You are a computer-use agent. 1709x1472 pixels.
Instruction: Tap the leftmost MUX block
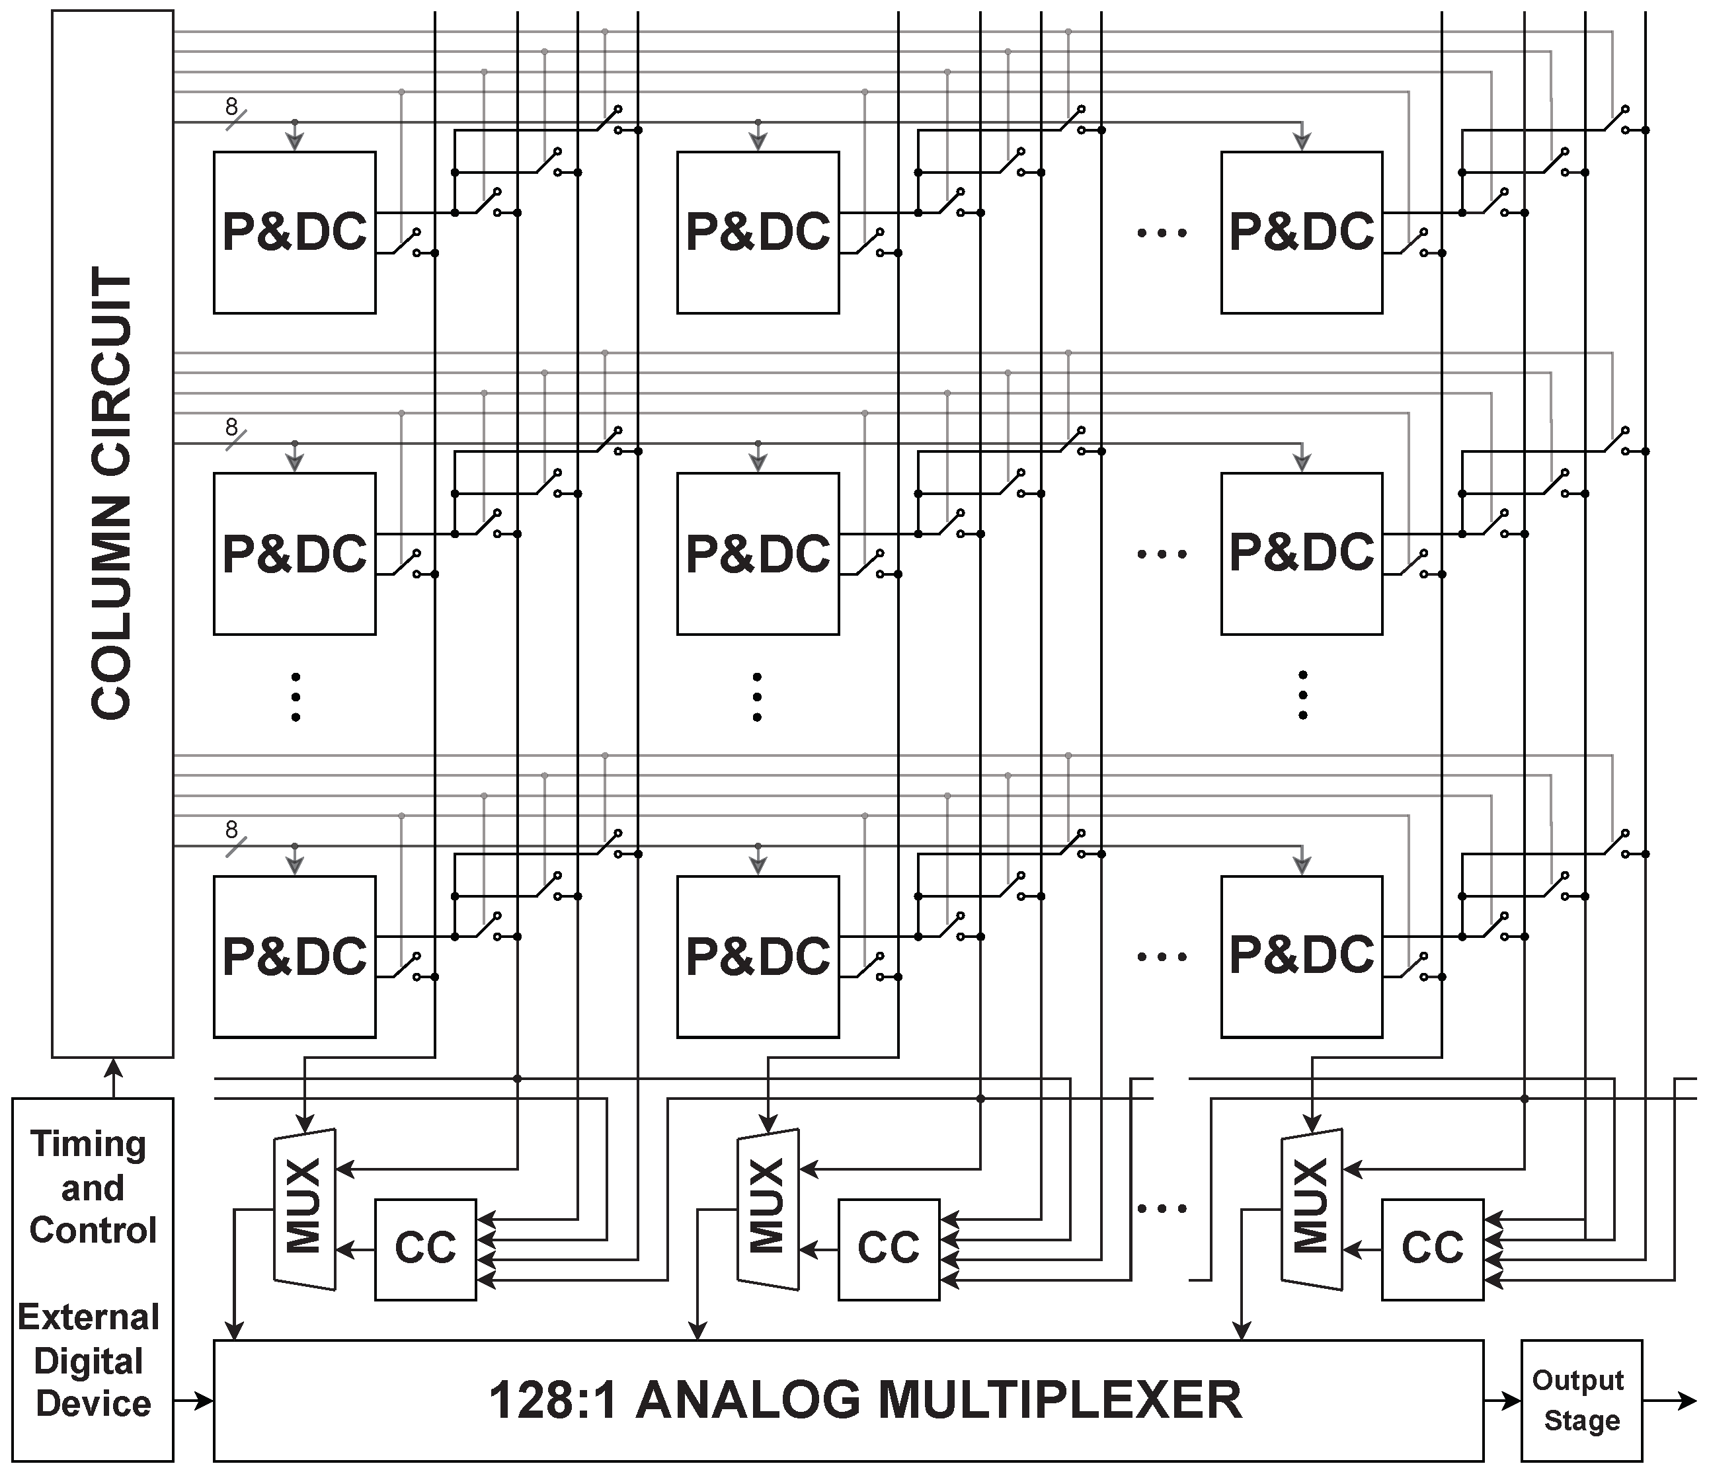tap(304, 1209)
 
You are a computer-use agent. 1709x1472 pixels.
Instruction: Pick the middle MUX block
tap(768, 1209)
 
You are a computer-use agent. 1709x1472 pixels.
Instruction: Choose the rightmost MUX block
tap(1312, 1209)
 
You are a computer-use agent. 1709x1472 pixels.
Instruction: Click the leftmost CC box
tap(425, 1249)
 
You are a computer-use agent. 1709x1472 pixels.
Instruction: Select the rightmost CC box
tap(1432, 1249)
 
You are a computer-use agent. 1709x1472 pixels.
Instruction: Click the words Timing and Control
tap(91, 1188)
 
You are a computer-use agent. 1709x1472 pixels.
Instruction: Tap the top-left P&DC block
tap(294, 233)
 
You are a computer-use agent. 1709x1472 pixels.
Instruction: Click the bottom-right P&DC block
tap(1302, 956)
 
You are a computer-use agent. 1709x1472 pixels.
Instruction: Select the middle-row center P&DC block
tap(757, 553)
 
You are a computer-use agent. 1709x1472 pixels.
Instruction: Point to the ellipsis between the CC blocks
tap(1162, 1209)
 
